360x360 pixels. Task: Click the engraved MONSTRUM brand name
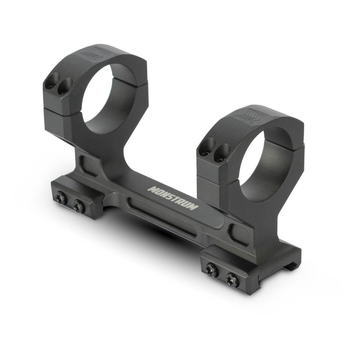[173, 198]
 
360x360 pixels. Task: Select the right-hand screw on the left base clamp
[78, 206]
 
